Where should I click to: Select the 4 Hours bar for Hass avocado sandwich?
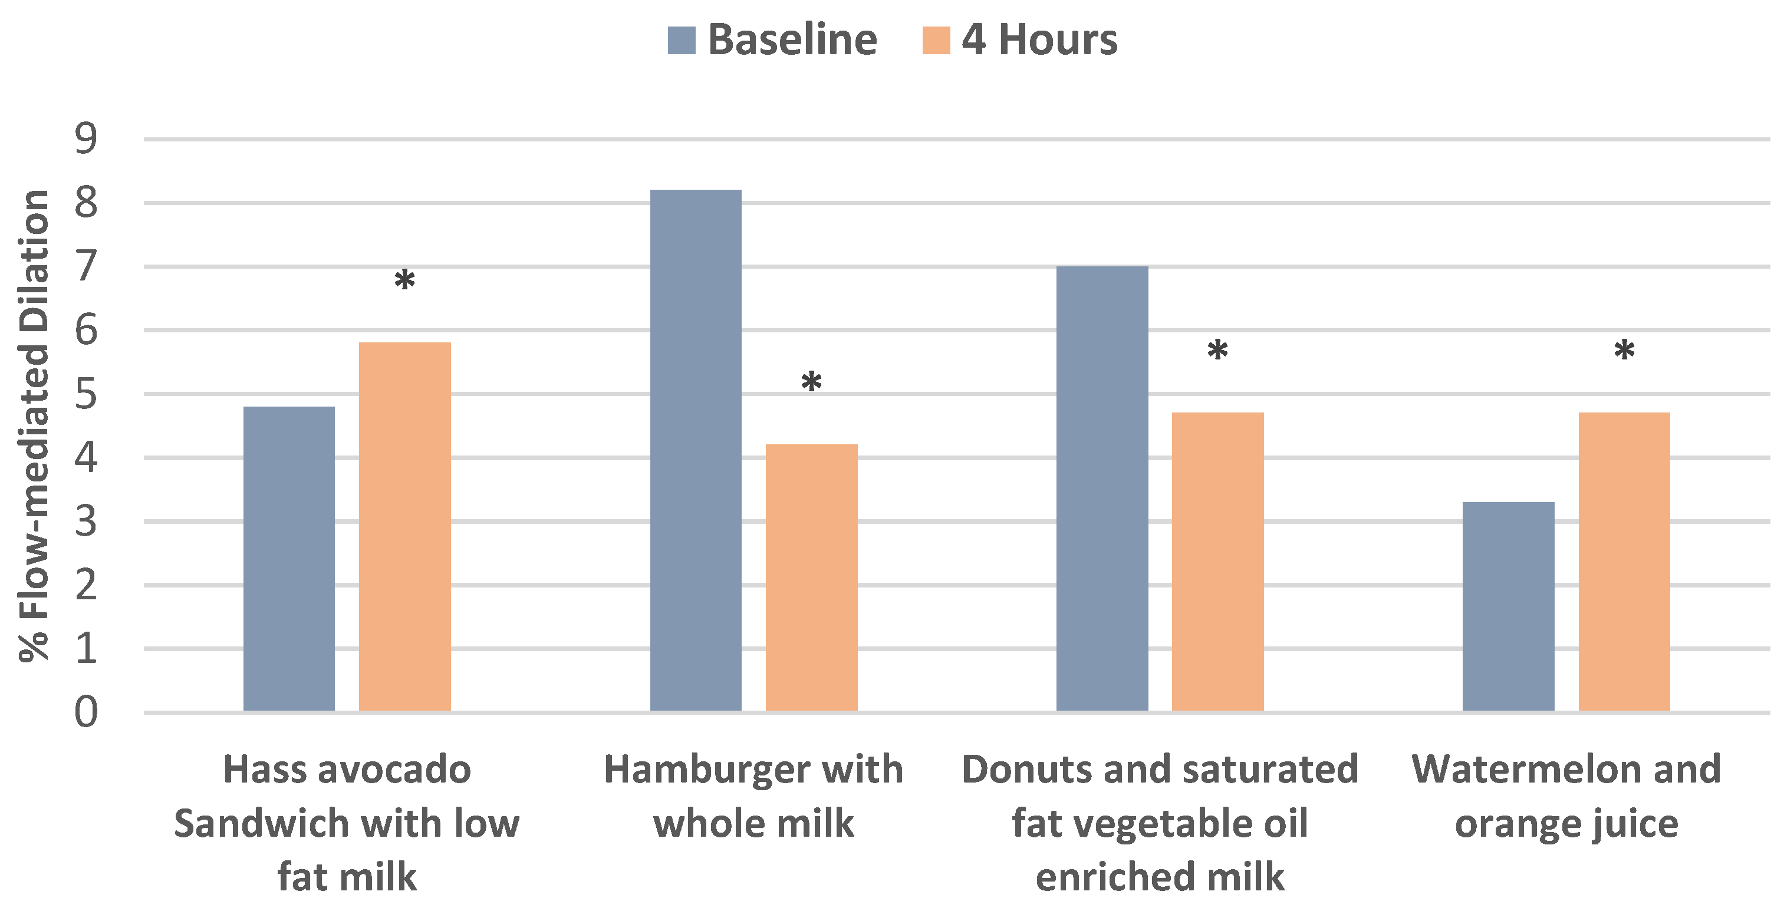[404, 526]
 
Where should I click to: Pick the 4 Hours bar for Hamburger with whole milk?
[811, 577]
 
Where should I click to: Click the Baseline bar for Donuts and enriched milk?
[1102, 488]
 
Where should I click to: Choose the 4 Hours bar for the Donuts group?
[1217, 562]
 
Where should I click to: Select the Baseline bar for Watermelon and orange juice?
[1508, 606]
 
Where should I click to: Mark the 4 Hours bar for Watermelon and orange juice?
[1624, 562]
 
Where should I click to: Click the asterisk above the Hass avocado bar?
[404, 281]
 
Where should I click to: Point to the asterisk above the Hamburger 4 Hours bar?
[811, 382]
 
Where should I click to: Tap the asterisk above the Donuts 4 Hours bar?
[1217, 351]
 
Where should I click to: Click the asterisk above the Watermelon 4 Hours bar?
[1624, 351]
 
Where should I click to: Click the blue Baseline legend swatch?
[681, 40]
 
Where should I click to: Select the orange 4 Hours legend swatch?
[936, 40]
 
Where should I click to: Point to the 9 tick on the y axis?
[86, 139]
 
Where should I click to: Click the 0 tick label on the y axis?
[86, 712]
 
